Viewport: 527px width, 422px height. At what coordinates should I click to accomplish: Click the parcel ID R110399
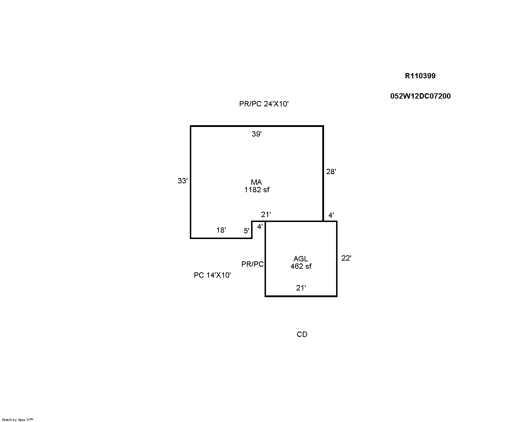[420, 76]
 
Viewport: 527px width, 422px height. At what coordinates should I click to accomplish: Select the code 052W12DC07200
[420, 96]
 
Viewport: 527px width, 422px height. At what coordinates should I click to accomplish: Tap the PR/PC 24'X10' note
[264, 104]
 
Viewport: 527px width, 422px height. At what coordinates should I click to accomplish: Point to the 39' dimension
[257, 134]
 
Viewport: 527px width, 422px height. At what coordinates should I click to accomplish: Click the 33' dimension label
[183, 181]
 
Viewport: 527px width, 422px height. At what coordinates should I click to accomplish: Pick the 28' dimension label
[331, 172]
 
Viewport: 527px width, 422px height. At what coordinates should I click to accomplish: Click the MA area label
[256, 182]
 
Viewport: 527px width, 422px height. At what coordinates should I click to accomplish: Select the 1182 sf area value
[257, 189]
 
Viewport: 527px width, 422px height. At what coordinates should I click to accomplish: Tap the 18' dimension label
[221, 230]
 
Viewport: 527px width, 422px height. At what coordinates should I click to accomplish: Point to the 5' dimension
[246, 231]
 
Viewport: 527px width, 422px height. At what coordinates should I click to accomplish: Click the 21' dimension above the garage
[266, 215]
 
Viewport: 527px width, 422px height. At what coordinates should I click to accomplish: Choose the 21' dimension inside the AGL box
[301, 288]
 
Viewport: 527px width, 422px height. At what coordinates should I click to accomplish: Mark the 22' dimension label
[346, 258]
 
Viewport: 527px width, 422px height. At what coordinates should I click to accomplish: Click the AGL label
[301, 259]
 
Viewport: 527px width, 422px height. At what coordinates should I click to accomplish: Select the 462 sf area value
[301, 266]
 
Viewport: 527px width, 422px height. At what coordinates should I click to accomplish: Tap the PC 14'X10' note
[212, 275]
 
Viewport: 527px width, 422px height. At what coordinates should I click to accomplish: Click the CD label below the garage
[302, 334]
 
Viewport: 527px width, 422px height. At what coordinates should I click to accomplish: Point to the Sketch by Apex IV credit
[17, 420]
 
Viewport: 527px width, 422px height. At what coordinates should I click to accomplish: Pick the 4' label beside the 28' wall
[331, 215]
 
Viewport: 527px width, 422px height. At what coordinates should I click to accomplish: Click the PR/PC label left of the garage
[253, 264]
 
